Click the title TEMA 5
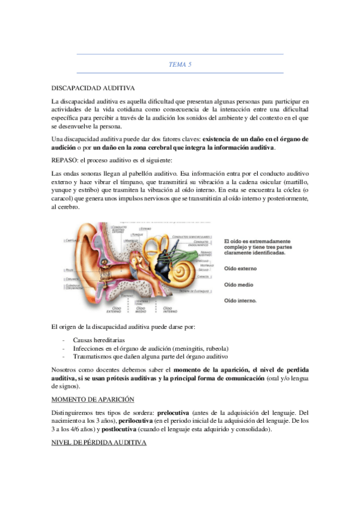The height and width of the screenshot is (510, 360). tap(180, 64)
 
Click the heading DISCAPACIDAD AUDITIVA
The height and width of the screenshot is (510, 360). tap(93, 88)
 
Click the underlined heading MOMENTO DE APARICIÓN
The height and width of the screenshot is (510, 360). tap(93, 399)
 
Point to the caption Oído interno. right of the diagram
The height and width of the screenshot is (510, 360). tap(242, 300)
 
